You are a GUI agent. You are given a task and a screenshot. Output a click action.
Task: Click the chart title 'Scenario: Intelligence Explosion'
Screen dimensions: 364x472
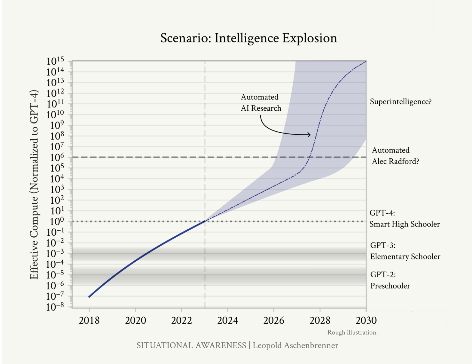click(x=248, y=38)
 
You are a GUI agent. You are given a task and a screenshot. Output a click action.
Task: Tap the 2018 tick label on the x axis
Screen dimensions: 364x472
click(x=89, y=320)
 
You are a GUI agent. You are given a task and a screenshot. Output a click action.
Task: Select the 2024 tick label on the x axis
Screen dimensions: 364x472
click(x=228, y=320)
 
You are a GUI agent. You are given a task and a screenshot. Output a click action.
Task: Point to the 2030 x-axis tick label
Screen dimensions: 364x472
click(x=366, y=320)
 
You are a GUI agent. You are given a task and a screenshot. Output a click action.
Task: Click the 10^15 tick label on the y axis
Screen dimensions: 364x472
click(x=55, y=61)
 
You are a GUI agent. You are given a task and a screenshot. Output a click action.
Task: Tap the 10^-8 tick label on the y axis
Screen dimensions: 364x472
click(x=55, y=307)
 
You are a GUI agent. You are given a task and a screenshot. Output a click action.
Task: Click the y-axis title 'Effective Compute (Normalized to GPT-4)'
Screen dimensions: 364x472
click(x=34, y=185)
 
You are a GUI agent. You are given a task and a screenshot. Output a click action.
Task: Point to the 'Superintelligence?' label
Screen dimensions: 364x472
click(x=401, y=102)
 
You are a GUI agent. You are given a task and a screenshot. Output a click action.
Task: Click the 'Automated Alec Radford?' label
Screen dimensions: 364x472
click(x=395, y=156)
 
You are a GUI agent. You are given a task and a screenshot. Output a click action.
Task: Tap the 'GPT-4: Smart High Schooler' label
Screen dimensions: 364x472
click(x=405, y=218)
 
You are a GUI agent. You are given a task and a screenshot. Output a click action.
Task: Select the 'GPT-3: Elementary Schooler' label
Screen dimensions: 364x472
click(x=405, y=251)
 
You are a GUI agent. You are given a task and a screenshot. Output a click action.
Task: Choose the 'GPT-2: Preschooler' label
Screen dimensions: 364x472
click(x=390, y=280)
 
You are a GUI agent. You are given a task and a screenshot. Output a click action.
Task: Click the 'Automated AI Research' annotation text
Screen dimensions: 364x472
click(x=261, y=103)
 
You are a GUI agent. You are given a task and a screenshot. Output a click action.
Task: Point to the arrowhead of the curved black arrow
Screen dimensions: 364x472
click(x=309, y=135)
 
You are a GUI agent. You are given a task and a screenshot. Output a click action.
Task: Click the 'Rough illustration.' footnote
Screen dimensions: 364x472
click(x=352, y=332)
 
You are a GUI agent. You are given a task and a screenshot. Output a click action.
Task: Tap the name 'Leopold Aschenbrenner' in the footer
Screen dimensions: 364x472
click(x=295, y=345)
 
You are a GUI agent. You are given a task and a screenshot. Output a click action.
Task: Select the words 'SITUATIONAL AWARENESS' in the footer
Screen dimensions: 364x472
click(x=191, y=345)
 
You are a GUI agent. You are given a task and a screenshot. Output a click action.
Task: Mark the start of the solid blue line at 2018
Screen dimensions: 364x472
click(x=89, y=297)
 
